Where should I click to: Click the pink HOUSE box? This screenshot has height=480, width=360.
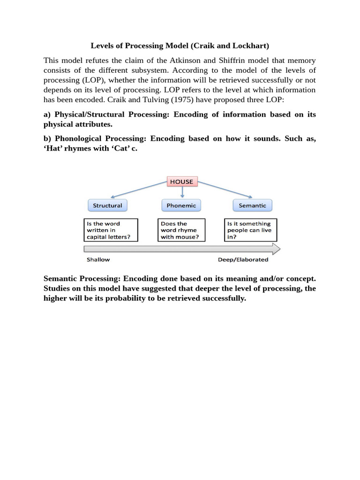[181, 181]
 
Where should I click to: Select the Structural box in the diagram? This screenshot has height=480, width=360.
[107, 205]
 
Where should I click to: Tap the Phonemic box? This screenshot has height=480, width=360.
[181, 205]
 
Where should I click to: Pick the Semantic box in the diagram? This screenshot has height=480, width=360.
[252, 205]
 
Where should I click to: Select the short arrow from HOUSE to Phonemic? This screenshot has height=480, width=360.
[182, 193]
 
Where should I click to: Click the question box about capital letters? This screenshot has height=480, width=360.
[110, 230]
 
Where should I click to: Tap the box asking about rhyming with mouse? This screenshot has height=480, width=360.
[181, 230]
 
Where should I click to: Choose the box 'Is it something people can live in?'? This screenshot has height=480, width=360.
[250, 230]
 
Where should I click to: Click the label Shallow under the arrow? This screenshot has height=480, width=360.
[98, 259]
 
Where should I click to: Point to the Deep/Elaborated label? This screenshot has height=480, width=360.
[243, 259]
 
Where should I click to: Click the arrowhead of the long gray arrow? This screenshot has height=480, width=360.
[276, 248]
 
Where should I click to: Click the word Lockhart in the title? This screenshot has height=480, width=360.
[251, 46]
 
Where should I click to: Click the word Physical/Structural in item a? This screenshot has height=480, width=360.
[90, 114]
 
